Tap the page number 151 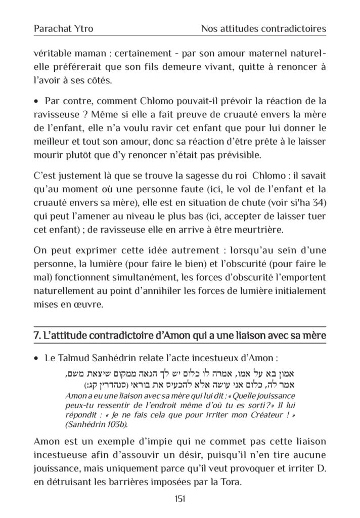click(x=179, y=498)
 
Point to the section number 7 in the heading click(x=36, y=336)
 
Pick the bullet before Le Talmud click(x=36, y=358)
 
